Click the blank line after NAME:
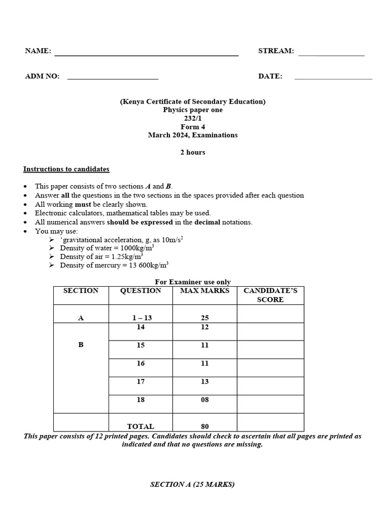[x=146, y=54]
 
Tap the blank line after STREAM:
[x=331, y=54]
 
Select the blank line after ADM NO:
[x=113, y=78]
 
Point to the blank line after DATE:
[x=333, y=78]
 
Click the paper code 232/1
[x=192, y=118]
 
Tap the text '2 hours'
[x=192, y=152]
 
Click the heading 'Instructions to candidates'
[x=66, y=169]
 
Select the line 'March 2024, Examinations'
[x=192, y=135]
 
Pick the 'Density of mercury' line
[x=114, y=265]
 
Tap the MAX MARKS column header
[x=205, y=291]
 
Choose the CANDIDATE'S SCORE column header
[x=270, y=295]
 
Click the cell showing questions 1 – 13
[x=141, y=318]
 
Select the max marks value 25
[x=205, y=318]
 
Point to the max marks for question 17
[x=205, y=382]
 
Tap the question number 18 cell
[x=141, y=400]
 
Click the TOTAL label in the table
[x=141, y=426]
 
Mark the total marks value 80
[x=205, y=426]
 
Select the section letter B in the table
[x=81, y=345]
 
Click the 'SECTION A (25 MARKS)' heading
[x=192, y=485]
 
